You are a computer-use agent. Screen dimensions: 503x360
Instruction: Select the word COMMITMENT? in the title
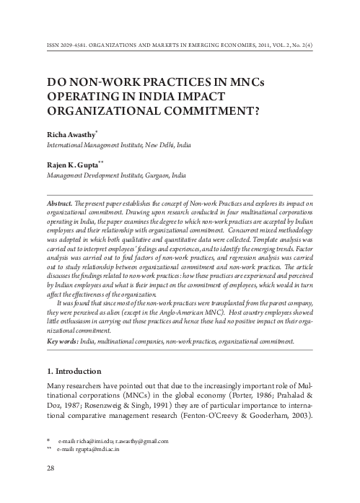(x=207, y=113)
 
